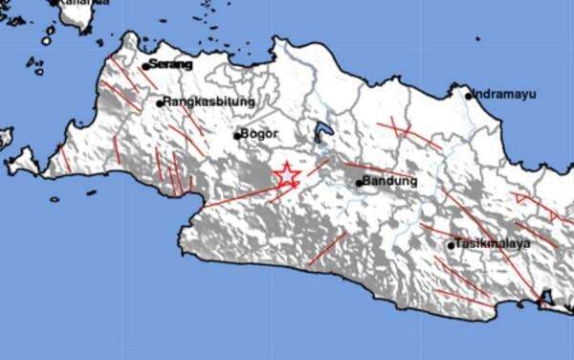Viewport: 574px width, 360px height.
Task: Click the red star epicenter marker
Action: coord(286,175)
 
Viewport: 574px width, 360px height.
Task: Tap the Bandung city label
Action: coord(391,180)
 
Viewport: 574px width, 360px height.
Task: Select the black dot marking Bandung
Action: coord(359,181)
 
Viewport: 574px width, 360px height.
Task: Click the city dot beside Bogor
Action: coord(237,135)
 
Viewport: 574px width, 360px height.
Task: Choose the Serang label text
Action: coord(171,64)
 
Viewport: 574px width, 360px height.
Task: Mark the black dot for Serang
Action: coord(145,66)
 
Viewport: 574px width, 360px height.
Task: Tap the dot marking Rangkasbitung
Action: coord(160,102)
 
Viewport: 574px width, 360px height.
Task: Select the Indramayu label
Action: coord(504,95)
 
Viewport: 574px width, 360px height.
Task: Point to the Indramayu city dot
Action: coord(470,95)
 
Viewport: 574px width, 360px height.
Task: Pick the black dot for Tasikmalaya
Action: coord(452,246)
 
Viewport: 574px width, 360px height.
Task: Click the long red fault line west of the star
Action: coord(239,196)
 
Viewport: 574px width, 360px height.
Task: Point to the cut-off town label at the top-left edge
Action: coord(82,4)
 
